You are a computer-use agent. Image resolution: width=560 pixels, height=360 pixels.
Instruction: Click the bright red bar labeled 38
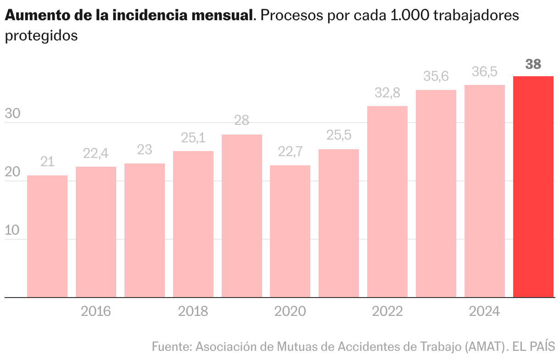pyautogui.click(x=533, y=186)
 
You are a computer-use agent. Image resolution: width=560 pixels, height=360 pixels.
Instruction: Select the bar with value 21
pyautogui.click(x=47, y=236)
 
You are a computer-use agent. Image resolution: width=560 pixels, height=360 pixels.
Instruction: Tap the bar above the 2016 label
pyautogui.click(x=96, y=232)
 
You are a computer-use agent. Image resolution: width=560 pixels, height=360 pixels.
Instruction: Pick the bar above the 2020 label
pyautogui.click(x=290, y=231)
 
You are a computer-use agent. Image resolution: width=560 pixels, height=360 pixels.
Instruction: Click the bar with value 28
pyautogui.click(x=241, y=216)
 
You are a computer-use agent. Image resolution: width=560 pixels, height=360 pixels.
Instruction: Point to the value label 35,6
pyautogui.click(x=436, y=76)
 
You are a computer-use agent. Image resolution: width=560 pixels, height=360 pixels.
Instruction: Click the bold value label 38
pyautogui.click(x=533, y=64)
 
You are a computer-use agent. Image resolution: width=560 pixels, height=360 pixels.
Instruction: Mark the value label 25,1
pyautogui.click(x=193, y=137)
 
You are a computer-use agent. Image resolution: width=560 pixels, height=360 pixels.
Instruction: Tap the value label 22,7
pyautogui.click(x=290, y=152)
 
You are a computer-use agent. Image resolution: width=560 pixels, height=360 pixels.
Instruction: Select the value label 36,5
pyautogui.click(x=484, y=72)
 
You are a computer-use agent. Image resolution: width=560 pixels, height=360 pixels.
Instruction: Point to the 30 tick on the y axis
pyautogui.click(x=12, y=114)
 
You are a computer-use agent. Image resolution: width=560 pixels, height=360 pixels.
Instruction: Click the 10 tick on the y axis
pyautogui.click(x=12, y=231)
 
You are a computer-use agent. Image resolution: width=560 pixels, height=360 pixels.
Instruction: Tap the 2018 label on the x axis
pyautogui.click(x=193, y=311)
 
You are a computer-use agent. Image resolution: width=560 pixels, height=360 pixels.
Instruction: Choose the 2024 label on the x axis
pyautogui.click(x=484, y=311)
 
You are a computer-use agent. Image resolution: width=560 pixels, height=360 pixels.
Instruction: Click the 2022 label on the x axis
pyautogui.click(x=387, y=311)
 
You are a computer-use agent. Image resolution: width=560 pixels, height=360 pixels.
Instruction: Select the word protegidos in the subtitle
pyautogui.click(x=41, y=36)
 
